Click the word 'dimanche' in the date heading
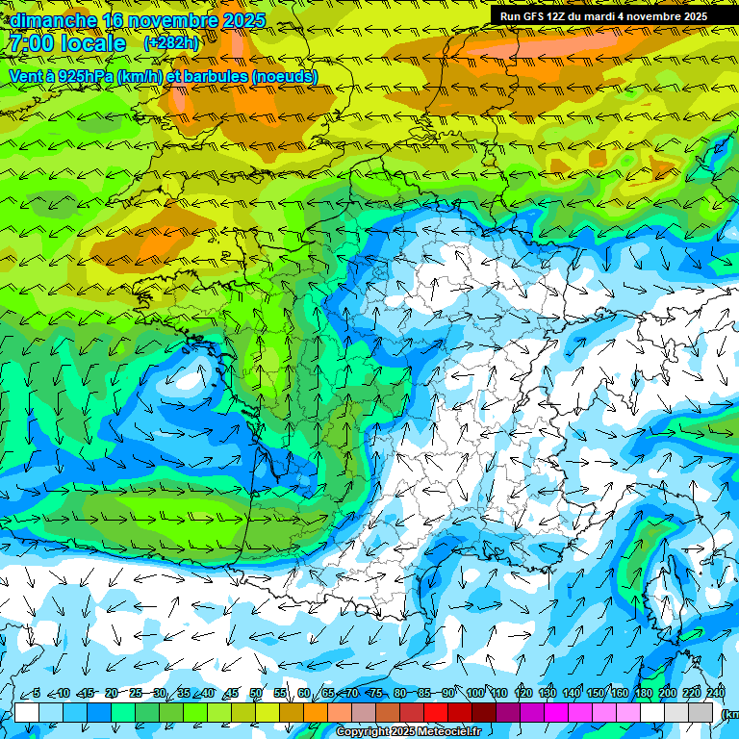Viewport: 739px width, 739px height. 53,20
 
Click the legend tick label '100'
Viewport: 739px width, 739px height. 475,694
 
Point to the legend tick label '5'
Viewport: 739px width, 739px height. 37,694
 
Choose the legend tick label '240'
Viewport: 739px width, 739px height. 716,694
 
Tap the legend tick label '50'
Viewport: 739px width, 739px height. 256,694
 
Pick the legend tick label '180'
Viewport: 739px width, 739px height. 644,694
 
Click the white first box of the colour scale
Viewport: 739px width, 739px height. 27,712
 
